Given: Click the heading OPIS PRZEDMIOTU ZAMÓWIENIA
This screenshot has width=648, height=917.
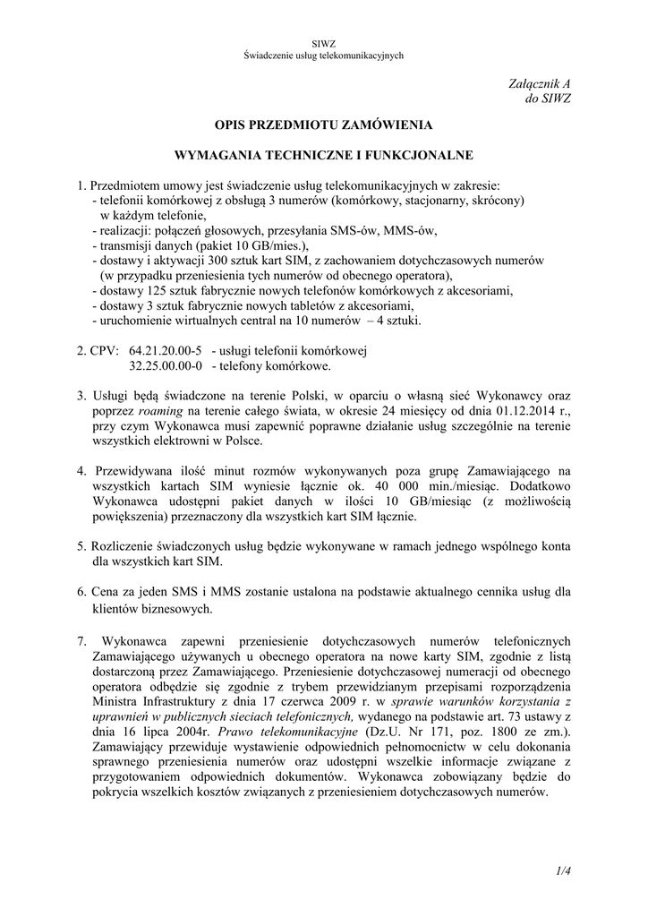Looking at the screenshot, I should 323,125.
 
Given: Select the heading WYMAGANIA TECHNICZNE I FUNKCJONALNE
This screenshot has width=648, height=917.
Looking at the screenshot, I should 323,155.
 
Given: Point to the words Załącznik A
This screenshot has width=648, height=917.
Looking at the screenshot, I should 542,83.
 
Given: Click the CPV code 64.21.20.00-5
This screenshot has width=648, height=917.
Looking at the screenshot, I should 166,350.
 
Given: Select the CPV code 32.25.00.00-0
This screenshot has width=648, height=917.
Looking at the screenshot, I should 166,365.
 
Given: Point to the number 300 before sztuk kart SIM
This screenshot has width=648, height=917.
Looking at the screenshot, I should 219,260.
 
